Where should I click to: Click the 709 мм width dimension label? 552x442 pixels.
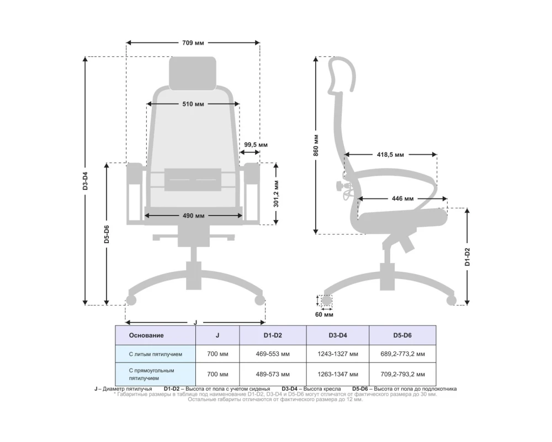(x=193, y=43)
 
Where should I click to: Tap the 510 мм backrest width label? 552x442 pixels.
(x=193, y=104)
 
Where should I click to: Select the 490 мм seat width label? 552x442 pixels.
(x=193, y=215)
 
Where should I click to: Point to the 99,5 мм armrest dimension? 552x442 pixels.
(x=256, y=145)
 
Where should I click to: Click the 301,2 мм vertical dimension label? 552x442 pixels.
(x=277, y=194)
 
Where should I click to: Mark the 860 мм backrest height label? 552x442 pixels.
(x=316, y=145)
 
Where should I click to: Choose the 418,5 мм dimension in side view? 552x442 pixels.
(x=390, y=154)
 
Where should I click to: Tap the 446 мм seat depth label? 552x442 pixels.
(x=403, y=199)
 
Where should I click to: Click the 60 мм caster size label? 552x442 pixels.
(x=324, y=314)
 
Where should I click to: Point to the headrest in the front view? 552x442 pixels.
(x=193, y=73)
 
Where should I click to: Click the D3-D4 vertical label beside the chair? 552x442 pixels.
(x=85, y=181)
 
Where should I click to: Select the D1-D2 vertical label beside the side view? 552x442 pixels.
(x=468, y=256)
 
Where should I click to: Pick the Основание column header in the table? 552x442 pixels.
(x=146, y=335)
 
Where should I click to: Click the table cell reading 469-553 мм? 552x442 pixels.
(x=273, y=354)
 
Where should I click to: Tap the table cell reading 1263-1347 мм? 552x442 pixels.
(x=338, y=374)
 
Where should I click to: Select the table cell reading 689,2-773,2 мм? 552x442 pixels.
(x=402, y=354)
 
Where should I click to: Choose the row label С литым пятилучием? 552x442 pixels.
(x=155, y=354)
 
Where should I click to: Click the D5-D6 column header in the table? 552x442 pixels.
(x=402, y=335)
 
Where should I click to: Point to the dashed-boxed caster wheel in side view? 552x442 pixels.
(x=327, y=301)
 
